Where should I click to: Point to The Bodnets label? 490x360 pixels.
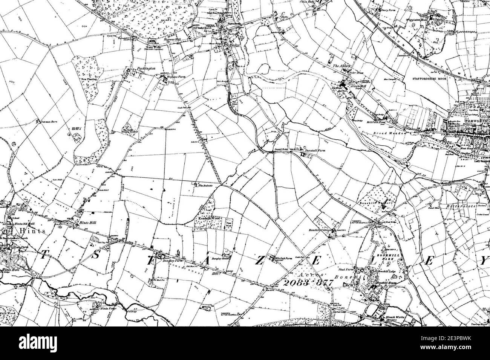click(206, 185)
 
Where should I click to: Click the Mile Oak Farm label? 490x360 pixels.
click(283, 259)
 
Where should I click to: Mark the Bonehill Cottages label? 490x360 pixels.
click(320, 230)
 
